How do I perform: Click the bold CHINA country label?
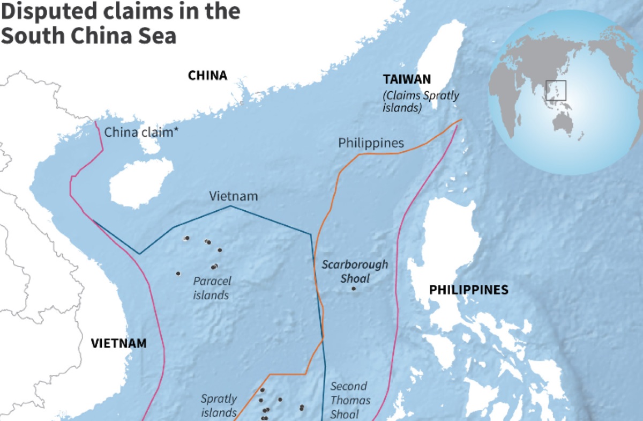[207, 76]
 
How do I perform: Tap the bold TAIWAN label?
[406, 79]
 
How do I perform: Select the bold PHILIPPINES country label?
[468, 290]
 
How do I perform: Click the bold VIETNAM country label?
[118, 343]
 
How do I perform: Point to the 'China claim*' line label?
[141, 132]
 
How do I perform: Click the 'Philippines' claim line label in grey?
[371, 143]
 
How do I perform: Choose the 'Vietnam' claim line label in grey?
[233, 196]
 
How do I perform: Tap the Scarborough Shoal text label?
[354, 271]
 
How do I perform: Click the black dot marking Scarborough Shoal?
[354, 289]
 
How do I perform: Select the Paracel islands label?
[212, 288]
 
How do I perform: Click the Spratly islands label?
[219, 405]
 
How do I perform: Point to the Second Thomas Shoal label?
[349, 400]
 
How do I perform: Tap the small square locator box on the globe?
[556, 90]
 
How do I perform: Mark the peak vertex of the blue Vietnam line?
[230, 206]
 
